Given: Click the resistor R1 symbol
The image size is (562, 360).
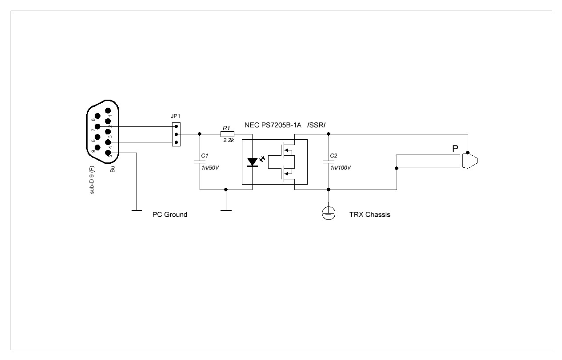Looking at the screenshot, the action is (x=227, y=134).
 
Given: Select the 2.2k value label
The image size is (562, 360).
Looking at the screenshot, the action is (x=229, y=140).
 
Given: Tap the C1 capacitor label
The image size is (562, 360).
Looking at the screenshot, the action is (x=205, y=156).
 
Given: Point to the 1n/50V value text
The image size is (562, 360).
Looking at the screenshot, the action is (x=210, y=168).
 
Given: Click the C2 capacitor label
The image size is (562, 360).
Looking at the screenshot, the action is (x=333, y=156).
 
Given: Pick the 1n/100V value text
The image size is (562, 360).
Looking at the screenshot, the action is (x=341, y=168).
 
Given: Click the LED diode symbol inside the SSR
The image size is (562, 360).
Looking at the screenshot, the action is (x=253, y=162).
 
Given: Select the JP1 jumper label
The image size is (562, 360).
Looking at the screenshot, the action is (x=175, y=116).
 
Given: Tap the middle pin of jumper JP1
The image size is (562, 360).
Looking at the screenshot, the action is (x=176, y=134).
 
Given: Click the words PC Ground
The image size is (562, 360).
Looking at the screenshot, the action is (x=170, y=214).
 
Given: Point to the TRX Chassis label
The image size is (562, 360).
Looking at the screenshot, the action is (x=370, y=214).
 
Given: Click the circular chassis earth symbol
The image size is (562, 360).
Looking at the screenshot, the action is (x=329, y=213).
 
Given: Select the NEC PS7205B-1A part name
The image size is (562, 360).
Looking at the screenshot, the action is (x=273, y=125).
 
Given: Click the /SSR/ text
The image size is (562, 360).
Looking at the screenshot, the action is (x=316, y=125).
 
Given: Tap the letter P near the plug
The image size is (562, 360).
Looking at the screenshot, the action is (x=455, y=149).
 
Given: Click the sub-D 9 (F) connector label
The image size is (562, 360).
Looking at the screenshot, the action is (x=92, y=180).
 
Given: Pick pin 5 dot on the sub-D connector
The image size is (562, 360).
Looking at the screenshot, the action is (x=108, y=153).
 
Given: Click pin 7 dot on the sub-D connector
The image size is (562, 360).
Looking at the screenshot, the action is (x=97, y=126).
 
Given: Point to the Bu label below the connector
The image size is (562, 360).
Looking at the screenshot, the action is (x=112, y=169).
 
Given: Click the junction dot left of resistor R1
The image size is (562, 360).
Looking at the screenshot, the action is (x=200, y=134).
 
